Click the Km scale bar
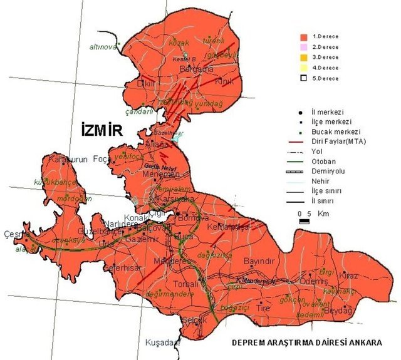point(303,221)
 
